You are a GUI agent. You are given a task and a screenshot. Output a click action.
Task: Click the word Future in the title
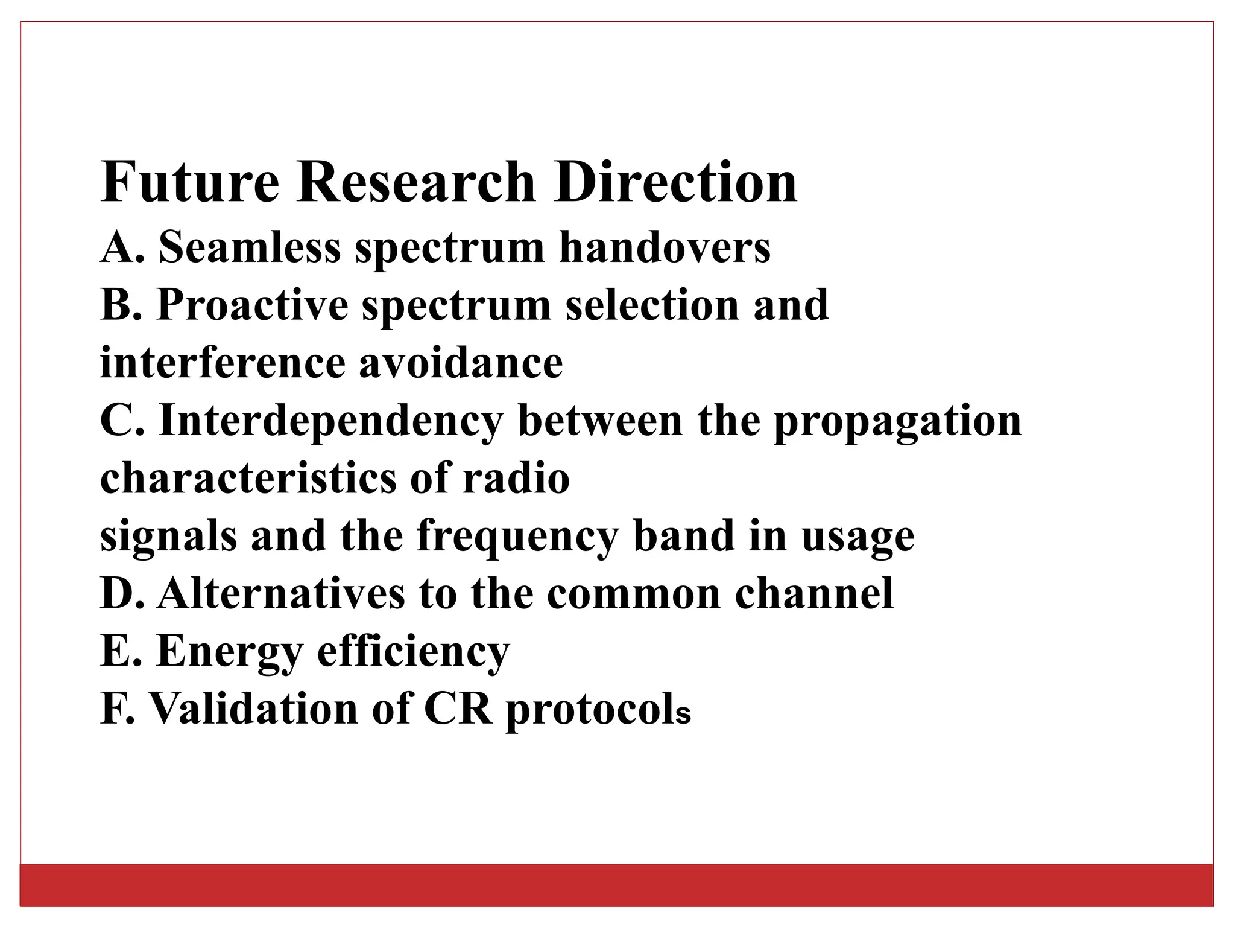tap(190, 182)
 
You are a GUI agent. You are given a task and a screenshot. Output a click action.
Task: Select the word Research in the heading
tap(415, 182)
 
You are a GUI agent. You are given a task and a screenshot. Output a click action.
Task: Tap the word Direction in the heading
tap(675, 182)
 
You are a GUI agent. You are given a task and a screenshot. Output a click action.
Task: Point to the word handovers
tap(665, 247)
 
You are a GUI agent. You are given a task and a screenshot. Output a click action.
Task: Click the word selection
tap(651, 305)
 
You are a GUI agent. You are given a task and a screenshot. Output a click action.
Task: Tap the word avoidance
tap(461, 363)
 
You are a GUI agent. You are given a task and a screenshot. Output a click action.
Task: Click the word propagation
tap(897, 421)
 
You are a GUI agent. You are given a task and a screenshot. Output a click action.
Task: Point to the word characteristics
tap(247, 479)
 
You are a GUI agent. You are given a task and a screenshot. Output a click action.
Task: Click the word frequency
tap(517, 537)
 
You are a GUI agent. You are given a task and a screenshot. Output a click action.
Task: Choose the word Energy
tap(229, 652)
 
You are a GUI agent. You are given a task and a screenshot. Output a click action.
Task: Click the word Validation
tap(253, 709)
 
